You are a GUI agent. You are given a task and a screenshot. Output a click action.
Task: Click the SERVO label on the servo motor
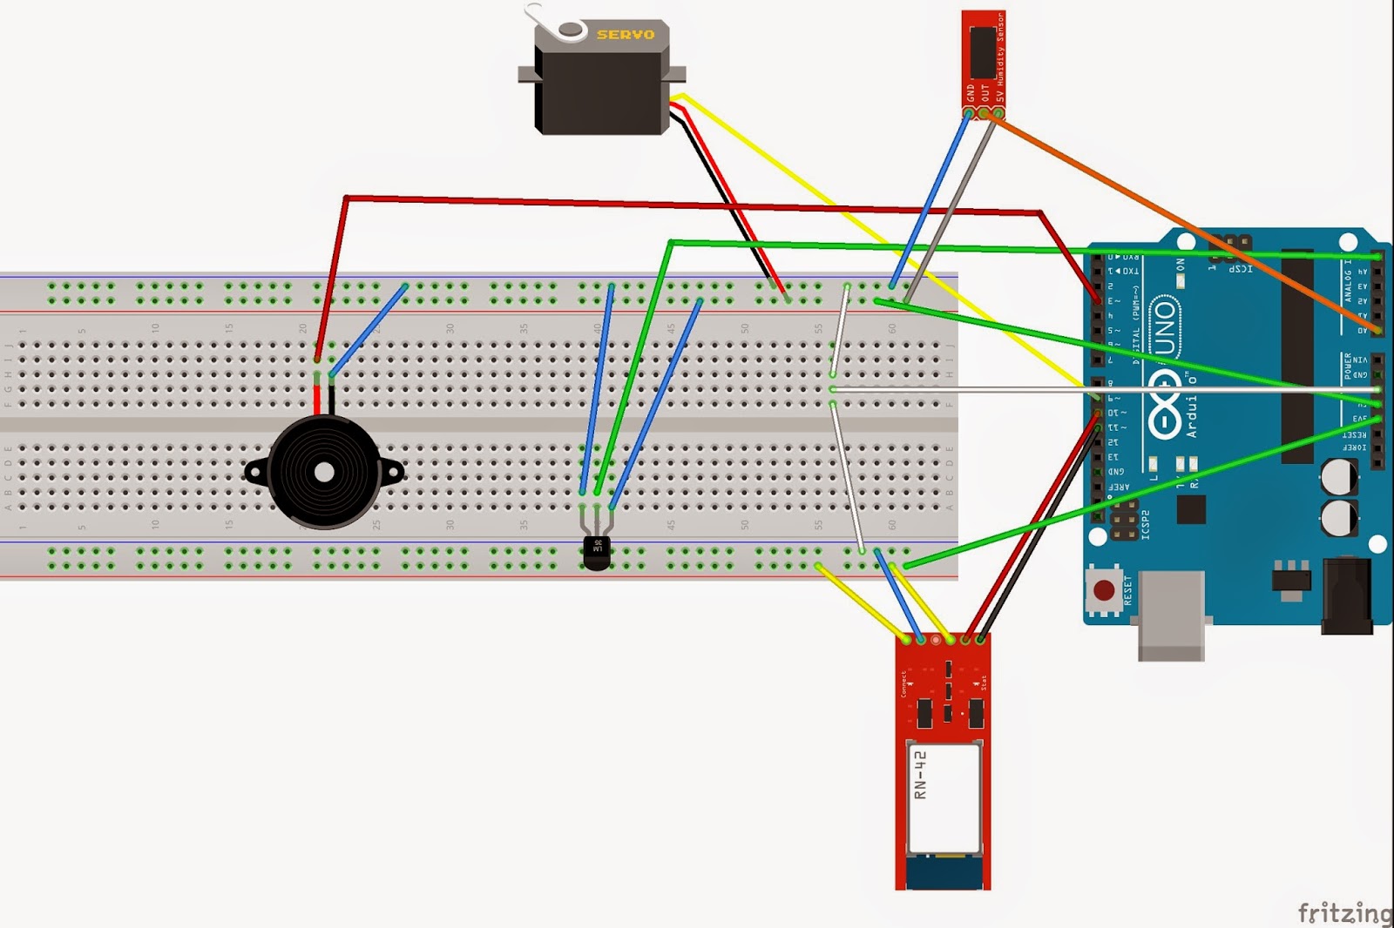click(x=625, y=35)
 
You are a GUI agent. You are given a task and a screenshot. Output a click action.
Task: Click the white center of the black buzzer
click(x=324, y=473)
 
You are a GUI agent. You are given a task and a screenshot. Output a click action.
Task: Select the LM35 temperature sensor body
click(x=597, y=552)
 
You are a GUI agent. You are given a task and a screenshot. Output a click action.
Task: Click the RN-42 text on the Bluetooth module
click(x=920, y=775)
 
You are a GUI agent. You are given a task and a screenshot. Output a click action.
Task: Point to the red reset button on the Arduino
click(x=1104, y=591)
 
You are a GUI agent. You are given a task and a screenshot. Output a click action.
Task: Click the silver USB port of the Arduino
click(x=1171, y=614)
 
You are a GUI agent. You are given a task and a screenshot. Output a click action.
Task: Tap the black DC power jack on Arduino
click(x=1346, y=596)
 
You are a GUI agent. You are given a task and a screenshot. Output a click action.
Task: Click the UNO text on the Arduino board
click(x=1164, y=326)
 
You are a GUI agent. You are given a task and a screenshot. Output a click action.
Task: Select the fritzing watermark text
click(x=1344, y=912)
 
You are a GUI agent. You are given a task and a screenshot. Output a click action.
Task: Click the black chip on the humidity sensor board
click(x=982, y=52)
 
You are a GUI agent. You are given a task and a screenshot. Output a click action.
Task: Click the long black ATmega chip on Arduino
click(x=1297, y=357)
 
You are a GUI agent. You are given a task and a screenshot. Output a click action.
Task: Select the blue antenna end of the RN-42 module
click(x=944, y=872)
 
